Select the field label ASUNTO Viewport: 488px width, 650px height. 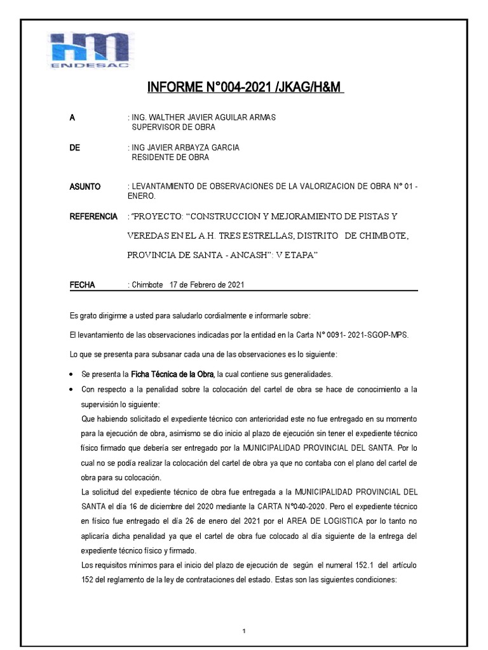click(85, 187)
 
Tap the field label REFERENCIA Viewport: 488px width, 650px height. click(93, 217)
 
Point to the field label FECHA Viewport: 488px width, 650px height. click(82, 285)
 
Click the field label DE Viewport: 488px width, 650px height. click(74, 147)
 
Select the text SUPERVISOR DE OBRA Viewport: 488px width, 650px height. click(173, 127)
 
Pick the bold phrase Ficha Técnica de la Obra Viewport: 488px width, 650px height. click(173, 373)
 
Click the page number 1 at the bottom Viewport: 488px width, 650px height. click(244, 614)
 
